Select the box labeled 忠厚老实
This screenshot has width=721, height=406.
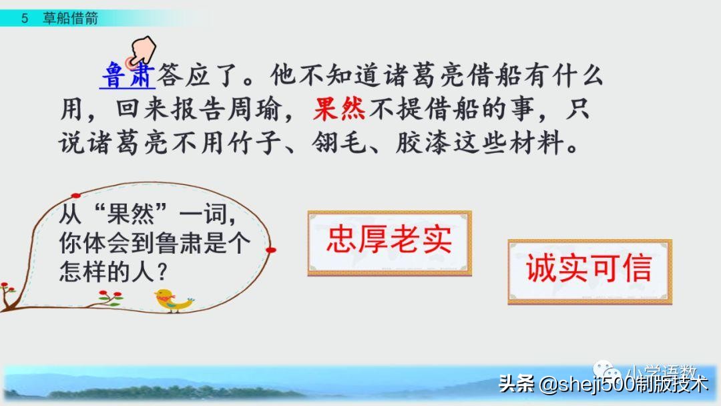[389, 242]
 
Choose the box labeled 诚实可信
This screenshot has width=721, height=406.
[589, 270]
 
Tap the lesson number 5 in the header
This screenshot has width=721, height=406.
[25, 19]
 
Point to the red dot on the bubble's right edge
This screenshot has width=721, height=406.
[270, 250]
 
